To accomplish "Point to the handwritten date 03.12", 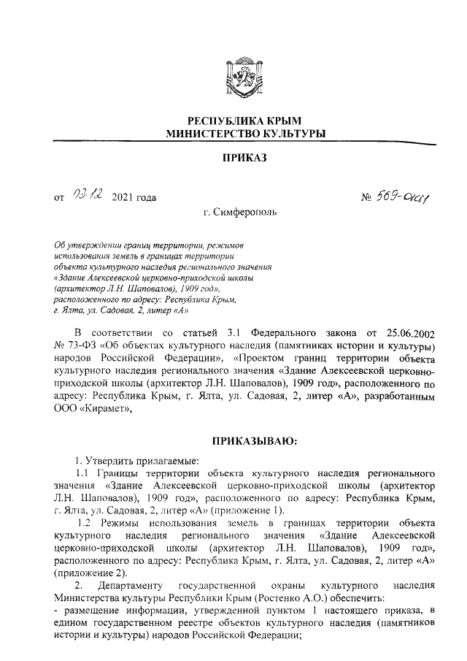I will click(x=89, y=195).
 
